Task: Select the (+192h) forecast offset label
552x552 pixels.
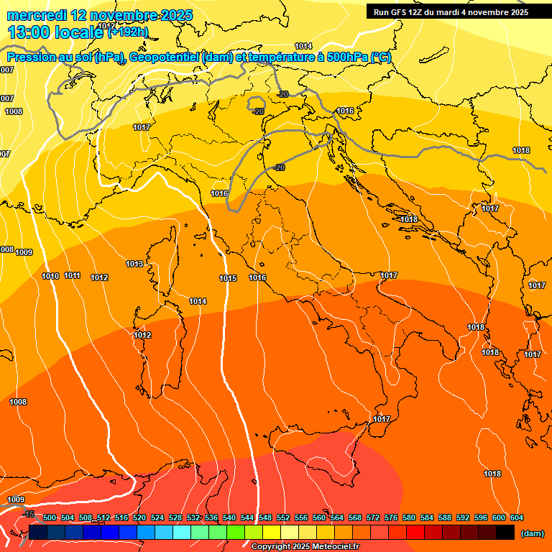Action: coord(128,32)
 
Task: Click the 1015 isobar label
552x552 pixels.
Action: coord(229,278)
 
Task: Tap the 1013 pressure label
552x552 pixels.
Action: coord(134,264)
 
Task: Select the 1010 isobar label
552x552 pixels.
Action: coord(50,276)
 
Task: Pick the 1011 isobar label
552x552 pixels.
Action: coord(72,275)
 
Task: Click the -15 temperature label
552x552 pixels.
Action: coord(28,514)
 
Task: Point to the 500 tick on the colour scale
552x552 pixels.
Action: coord(50,517)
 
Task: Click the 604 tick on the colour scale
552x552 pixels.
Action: coord(516,517)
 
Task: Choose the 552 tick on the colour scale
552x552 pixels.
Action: coord(282,517)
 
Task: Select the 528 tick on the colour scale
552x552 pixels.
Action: coord(175,517)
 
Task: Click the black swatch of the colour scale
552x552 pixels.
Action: coord(505,532)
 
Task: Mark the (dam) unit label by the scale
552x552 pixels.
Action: coord(532,533)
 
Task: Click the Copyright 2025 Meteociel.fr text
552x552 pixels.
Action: coord(305,546)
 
